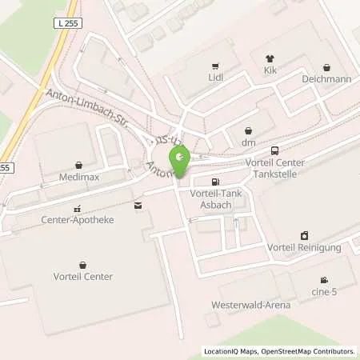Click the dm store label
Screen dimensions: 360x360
click(x=248, y=142)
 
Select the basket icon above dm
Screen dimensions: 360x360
click(x=248, y=130)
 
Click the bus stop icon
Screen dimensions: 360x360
click(x=275, y=150)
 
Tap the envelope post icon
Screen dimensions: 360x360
click(x=138, y=206)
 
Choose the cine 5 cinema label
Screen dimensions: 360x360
click(x=323, y=292)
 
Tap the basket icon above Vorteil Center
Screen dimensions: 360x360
click(x=83, y=264)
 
